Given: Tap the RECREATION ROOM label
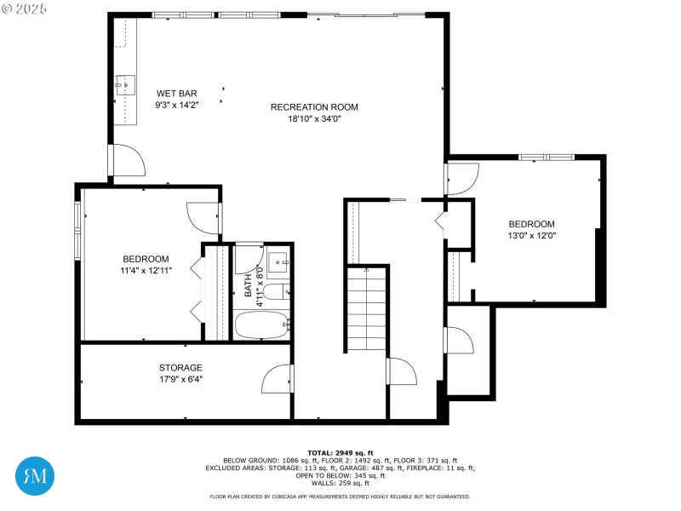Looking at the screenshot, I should point(314,107).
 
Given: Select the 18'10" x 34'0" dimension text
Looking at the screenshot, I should point(314,119).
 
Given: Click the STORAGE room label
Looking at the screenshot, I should point(180,368).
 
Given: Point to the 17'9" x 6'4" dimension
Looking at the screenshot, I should point(180,380).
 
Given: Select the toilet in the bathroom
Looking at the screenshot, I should point(273,293).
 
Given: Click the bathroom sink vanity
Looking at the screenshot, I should point(278,263).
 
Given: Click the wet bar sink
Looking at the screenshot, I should point(126,83).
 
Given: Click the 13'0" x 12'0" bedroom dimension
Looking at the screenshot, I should point(532,236).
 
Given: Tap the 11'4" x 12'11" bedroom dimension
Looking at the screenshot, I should point(146,271).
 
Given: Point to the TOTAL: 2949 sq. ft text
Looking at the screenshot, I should point(340,452).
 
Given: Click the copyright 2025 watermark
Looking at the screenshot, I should point(25,8).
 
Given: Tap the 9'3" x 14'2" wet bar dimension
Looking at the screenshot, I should point(177,105).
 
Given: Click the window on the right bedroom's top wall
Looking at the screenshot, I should point(546,157).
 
